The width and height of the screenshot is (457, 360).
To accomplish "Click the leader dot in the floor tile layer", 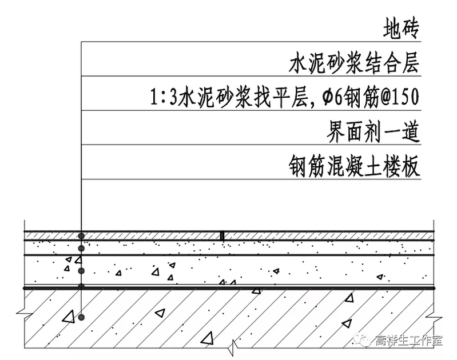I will coord(82,235).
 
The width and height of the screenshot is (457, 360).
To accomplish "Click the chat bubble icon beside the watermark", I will coord(364,341).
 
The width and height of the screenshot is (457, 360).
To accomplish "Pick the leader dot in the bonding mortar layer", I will coord(82,249).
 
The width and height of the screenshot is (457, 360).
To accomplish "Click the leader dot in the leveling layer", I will coord(82,270).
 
